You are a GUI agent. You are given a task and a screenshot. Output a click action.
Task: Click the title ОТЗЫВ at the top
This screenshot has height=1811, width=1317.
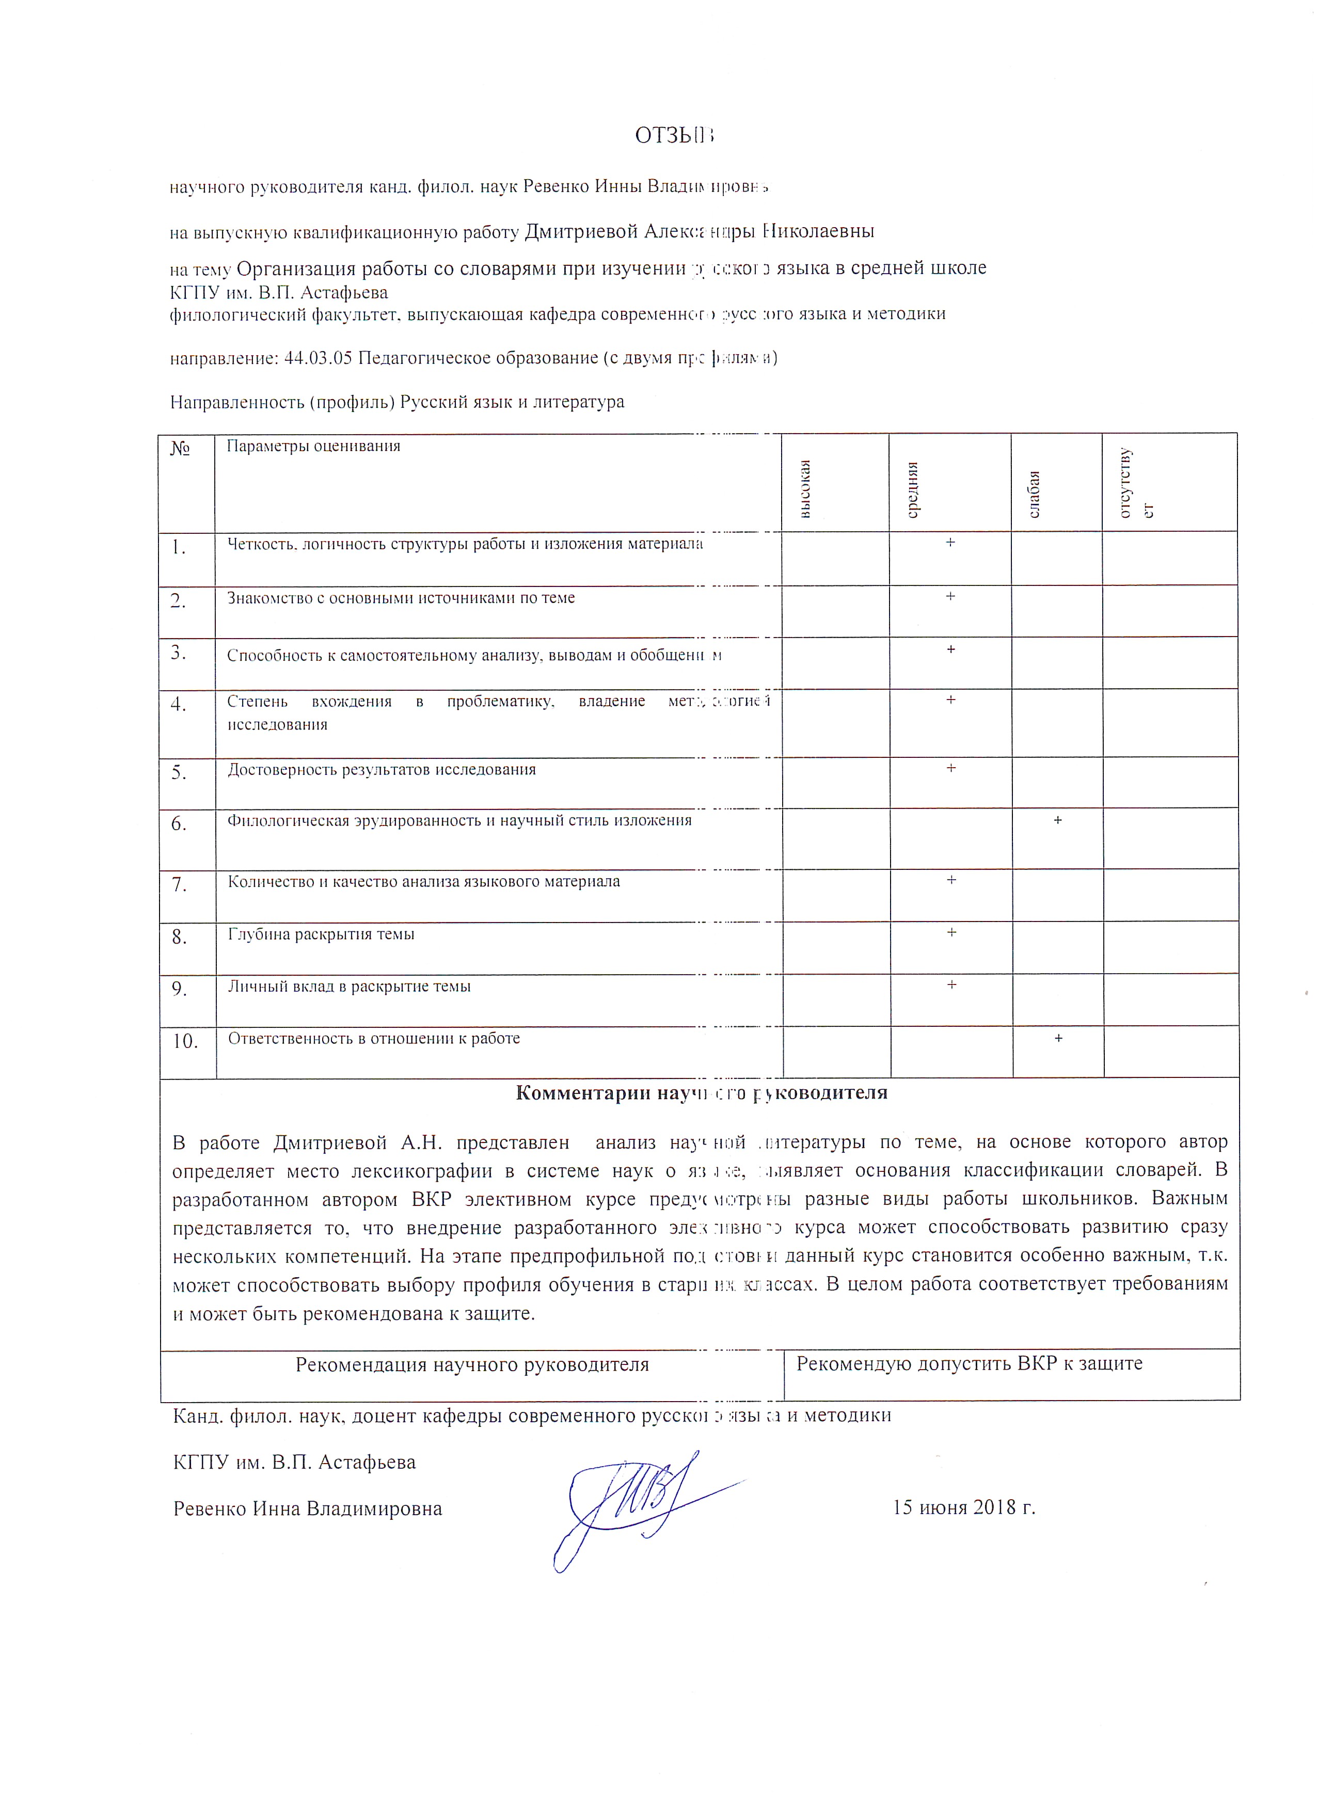(x=673, y=136)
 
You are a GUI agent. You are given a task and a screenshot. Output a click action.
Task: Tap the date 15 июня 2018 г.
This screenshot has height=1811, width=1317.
(x=963, y=1507)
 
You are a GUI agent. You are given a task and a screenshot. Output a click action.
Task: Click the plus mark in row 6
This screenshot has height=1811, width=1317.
(x=1057, y=820)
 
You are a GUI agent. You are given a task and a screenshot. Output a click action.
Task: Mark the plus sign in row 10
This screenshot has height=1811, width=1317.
(x=1058, y=1038)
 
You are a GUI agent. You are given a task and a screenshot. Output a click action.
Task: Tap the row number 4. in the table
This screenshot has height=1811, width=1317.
(x=179, y=704)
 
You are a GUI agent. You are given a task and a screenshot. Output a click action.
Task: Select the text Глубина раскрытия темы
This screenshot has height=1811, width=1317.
(x=321, y=934)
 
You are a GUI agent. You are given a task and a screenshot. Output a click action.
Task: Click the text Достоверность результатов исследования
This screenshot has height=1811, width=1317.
(x=382, y=770)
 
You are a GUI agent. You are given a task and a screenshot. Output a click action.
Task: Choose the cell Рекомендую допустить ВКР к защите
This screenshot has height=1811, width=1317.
(x=969, y=1363)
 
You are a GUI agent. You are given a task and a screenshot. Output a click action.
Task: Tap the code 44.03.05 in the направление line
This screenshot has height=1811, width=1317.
(x=318, y=358)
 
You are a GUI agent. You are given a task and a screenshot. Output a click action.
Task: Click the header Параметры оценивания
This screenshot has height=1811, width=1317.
(x=313, y=447)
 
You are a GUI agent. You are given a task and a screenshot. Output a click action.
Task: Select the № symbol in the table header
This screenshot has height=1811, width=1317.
(x=181, y=449)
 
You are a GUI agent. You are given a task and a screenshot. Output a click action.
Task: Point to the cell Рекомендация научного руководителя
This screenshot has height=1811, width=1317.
(x=472, y=1364)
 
